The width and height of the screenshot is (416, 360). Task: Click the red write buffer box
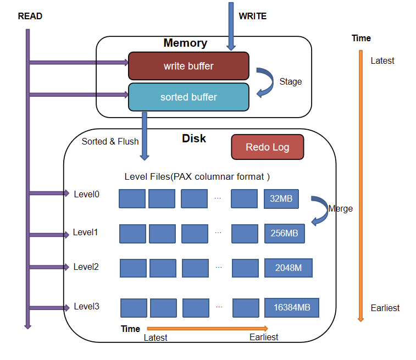click(x=188, y=66)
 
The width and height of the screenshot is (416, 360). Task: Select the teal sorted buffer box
click(x=188, y=97)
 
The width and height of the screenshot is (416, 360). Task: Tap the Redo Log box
click(x=267, y=147)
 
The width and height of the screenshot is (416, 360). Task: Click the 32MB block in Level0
click(x=281, y=198)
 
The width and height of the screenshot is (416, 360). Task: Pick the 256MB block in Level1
click(x=284, y=233)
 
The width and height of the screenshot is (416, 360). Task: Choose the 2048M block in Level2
click(x=288, y=268)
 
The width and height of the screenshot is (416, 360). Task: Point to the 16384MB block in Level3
click(x=291, y=307)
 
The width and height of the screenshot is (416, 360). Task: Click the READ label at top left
click(x=30, y=16)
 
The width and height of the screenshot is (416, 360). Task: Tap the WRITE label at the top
click(x=252, y=16)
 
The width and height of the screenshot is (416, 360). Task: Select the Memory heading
click(x=185, y=43)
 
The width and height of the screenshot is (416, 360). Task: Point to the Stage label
click(x=290, y=81)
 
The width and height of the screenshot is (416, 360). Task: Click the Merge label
click(x=340, y=209)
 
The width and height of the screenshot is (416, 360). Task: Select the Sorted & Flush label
click(x=110, y=141)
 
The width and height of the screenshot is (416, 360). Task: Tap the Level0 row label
click(x=86, y=193)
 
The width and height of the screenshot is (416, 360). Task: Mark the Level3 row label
click(x=86, y=307)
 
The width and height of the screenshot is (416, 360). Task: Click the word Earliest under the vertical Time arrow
click(x=385, y=308)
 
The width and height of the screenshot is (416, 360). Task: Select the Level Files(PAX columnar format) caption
click(x=197, y=177)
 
